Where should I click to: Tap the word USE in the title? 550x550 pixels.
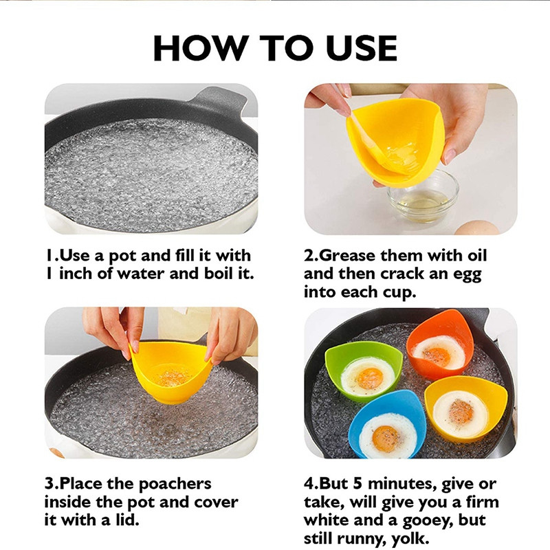pos(362,48)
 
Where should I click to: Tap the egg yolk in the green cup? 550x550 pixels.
pos(369,379)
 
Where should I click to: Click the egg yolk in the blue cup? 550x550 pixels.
pos(386,439)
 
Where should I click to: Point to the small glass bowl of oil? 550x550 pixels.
pos(423,197)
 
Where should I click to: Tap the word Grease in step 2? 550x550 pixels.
pos(348,255)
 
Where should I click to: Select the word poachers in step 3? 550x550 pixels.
pos(175,485)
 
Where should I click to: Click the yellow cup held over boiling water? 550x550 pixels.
pos(171,372)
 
